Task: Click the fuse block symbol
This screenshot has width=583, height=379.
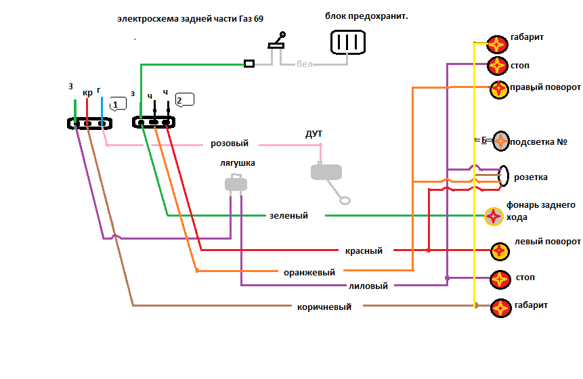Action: [x=347, y=42]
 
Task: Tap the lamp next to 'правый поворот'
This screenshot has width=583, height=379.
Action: [x=499, y=89]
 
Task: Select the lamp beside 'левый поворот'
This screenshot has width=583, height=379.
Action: [x=500, y=250]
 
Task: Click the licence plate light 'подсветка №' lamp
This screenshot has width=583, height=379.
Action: [x=500, y=141]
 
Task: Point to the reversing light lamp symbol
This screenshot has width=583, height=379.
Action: [x=494, y=216]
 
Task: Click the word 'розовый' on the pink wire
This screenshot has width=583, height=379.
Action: [x=230, y=143]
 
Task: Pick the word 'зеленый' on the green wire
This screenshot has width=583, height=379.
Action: [x=288, y=216]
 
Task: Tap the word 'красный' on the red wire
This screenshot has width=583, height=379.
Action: [x=364, y=250]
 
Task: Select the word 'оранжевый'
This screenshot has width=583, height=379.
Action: [x=309, y=273]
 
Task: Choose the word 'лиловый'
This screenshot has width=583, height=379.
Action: [x=368, y=286]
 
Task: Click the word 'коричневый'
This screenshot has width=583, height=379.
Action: [x=324, y=307]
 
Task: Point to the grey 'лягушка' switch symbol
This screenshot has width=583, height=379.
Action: [x=234, y=183]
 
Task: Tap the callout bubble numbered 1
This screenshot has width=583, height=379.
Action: [x=118, y=104]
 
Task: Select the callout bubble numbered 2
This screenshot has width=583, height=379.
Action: [x=183, y=99]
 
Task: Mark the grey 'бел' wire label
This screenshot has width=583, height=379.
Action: [x=305, y=64]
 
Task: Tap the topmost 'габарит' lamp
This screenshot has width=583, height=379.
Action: [x=498, y=45]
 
